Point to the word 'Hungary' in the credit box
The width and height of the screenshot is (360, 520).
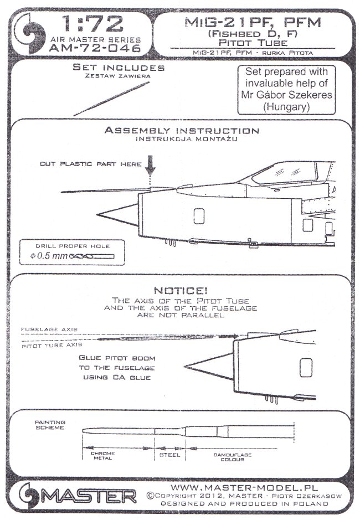pyautogui.click(x=280, y=106)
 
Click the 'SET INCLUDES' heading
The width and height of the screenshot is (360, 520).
pyautogui.click(x=119, y=68)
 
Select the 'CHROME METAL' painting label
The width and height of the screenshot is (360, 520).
pyautogui.click(x=103, y=456)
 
